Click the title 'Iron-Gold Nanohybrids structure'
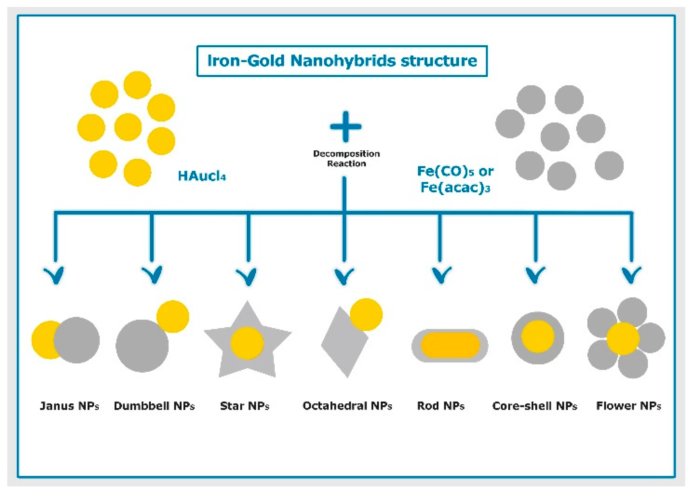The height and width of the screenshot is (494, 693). (x=342, y=61)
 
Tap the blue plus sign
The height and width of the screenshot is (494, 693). (x=345, y=127)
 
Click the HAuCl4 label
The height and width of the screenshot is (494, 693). (x=202, y=176)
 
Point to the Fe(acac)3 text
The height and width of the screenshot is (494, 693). (x=455, y=187)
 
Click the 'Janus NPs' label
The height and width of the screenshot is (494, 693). (x=69, y=406)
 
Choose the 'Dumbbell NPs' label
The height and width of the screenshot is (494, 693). (x=154, y=406)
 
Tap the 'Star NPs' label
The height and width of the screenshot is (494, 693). (x=244, y=406)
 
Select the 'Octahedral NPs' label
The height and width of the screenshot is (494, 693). (x=347, y=406)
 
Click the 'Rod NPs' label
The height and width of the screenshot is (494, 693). (x=440, y=406)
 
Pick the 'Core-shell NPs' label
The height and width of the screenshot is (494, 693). (x=534, y=406)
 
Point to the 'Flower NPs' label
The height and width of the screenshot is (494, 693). (x=629, y=406)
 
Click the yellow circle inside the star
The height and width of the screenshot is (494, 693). (x=247, y=343)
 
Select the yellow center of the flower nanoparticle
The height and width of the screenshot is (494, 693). (x=623, y=338)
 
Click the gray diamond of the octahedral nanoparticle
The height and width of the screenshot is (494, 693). (x=342, y=347)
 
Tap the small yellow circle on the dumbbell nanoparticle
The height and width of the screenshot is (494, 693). (x=173, y=316)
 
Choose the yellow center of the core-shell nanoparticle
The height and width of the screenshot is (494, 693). (x=538, y=337)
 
